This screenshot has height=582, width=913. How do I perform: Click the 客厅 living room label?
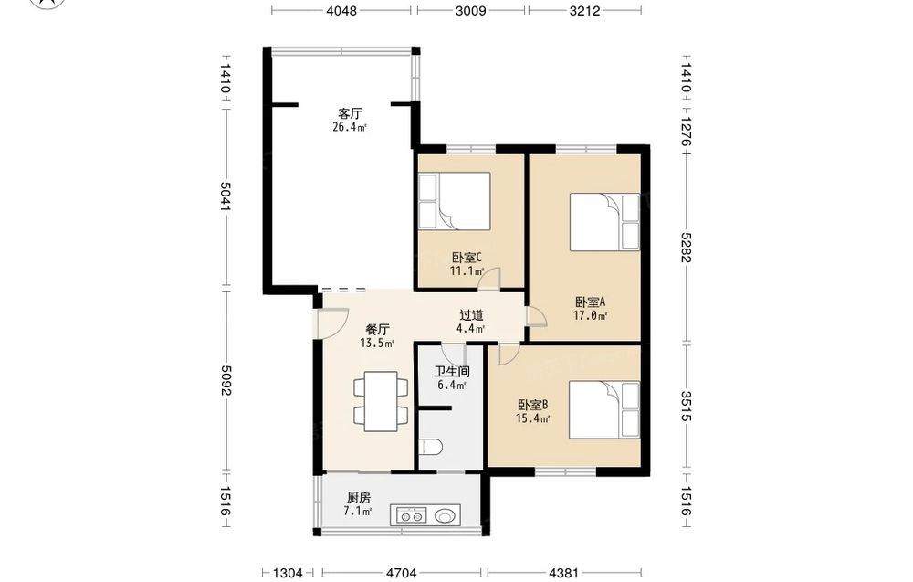(x=350, y=113)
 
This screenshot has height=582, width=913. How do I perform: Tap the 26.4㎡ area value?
(x=350, y=127)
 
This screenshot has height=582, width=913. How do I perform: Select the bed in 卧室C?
(x=454, y=201)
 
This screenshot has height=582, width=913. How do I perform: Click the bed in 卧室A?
(x=605, y=221)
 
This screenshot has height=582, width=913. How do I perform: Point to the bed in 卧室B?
(x=604, y=409)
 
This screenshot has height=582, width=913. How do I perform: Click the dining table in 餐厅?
(x=381, y=401)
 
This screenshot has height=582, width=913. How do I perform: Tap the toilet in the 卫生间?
(x=430, y=448)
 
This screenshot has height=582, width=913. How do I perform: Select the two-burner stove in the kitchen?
(x=412, y=515)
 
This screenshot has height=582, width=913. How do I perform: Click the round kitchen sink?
(x=446, y=515)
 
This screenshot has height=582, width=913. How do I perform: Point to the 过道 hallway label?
(x=471, y=315)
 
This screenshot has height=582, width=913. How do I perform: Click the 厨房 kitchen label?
(x=358, y=498)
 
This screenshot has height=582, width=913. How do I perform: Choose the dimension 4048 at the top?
(x=341, y=10)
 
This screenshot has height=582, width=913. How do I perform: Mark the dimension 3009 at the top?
(x=470, y=10)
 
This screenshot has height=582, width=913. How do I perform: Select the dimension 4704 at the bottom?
(x=402, y=573)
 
